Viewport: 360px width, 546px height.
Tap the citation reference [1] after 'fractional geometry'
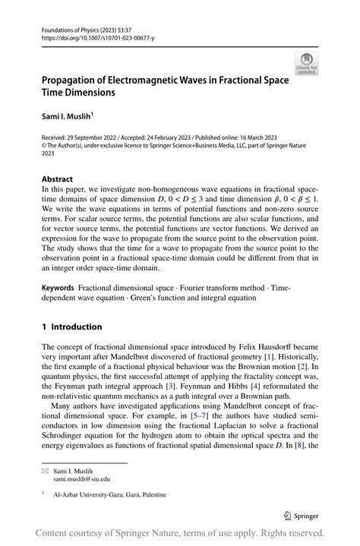(267, 356)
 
